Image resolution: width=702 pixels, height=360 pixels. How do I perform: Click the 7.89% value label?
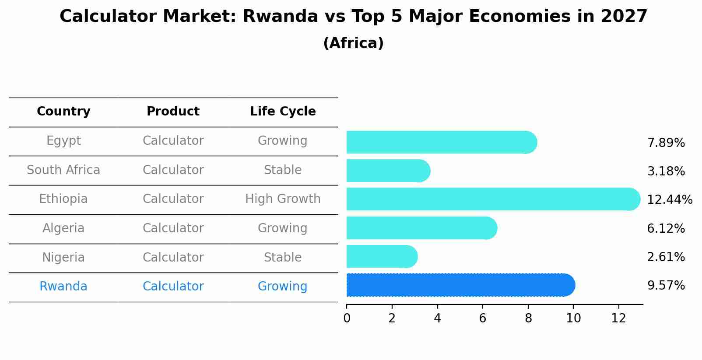pos(666,143)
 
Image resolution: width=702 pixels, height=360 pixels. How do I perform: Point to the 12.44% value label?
pos(669,200)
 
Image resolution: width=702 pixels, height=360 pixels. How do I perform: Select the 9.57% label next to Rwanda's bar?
pos(666,286)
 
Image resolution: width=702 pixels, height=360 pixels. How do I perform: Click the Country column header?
pos(63,112)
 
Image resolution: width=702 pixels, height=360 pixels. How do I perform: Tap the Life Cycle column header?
pos(283,112)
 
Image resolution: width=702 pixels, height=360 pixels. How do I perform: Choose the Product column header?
pos(173,112)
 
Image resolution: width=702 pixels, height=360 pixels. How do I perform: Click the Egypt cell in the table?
pos(63,141)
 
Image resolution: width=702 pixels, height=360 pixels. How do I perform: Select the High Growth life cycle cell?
pos(283,199)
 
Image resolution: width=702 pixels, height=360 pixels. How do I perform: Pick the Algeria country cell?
pos(63,228)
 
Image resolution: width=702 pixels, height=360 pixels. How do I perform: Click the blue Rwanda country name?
pos(63,287)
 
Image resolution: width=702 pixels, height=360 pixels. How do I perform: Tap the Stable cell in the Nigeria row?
pos(283,257)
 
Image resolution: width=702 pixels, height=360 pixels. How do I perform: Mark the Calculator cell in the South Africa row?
pos(173,170)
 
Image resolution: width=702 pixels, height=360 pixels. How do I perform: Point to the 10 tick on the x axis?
pos(573,318)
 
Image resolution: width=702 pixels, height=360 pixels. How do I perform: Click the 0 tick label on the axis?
pos(347,318)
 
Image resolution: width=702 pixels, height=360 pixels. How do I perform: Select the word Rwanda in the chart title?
pos(280,17)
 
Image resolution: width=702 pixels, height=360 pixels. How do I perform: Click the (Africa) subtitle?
pos(353,43)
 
